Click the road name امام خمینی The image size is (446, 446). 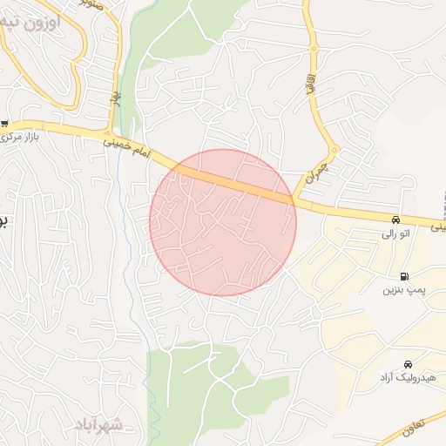point(127,145)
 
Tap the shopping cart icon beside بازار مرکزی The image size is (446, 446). point(5,124)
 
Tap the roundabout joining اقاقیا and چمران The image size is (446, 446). point(334,150)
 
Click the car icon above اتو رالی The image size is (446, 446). point(396,220)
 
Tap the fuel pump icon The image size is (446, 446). point(403,275)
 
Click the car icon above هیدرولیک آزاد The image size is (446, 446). point(407,364)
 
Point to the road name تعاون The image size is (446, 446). point(416,426)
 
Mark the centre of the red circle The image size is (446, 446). point(223,222)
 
